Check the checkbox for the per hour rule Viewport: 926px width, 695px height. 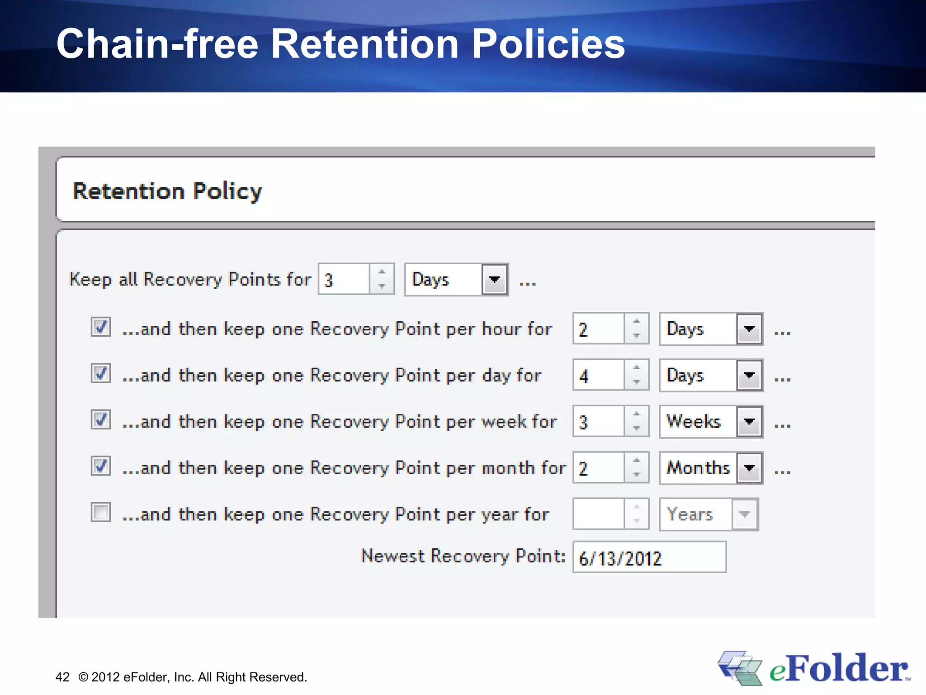pyautogui.click(x=100, y=327)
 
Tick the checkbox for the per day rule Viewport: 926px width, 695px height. pyautogui.click(x=100, y=373)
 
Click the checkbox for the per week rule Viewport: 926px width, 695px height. pyautogui.click(x=100, y=419)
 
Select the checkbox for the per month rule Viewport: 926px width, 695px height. pyautogui.click(x=100, y=466)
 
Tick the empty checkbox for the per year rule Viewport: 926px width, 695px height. pyautogui.click(x=100, y=512)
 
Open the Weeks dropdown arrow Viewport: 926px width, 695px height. pyautogui.click(x=749, y=422)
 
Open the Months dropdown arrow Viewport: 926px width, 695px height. pyautogui.click(x=749, y=468)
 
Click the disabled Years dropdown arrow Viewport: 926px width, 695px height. pyautogui.click(x=744, y=514)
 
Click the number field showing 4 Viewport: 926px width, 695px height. pyautogui.click(x=598, y=375)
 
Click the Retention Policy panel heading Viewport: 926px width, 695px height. pyautogui.click(x=167, y=191)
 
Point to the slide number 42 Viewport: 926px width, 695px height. pyautogui.click(x=62, y=677)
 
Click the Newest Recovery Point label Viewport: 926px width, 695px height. pyautogui.click(x=463, y=556)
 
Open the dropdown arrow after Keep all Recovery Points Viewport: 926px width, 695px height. pyautogui.click(x=495, y=280)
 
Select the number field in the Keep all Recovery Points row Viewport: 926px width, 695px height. pyautogui.click(x=344, y=280)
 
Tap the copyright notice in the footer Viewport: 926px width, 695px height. pyautogui.click(x=193, y=677)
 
